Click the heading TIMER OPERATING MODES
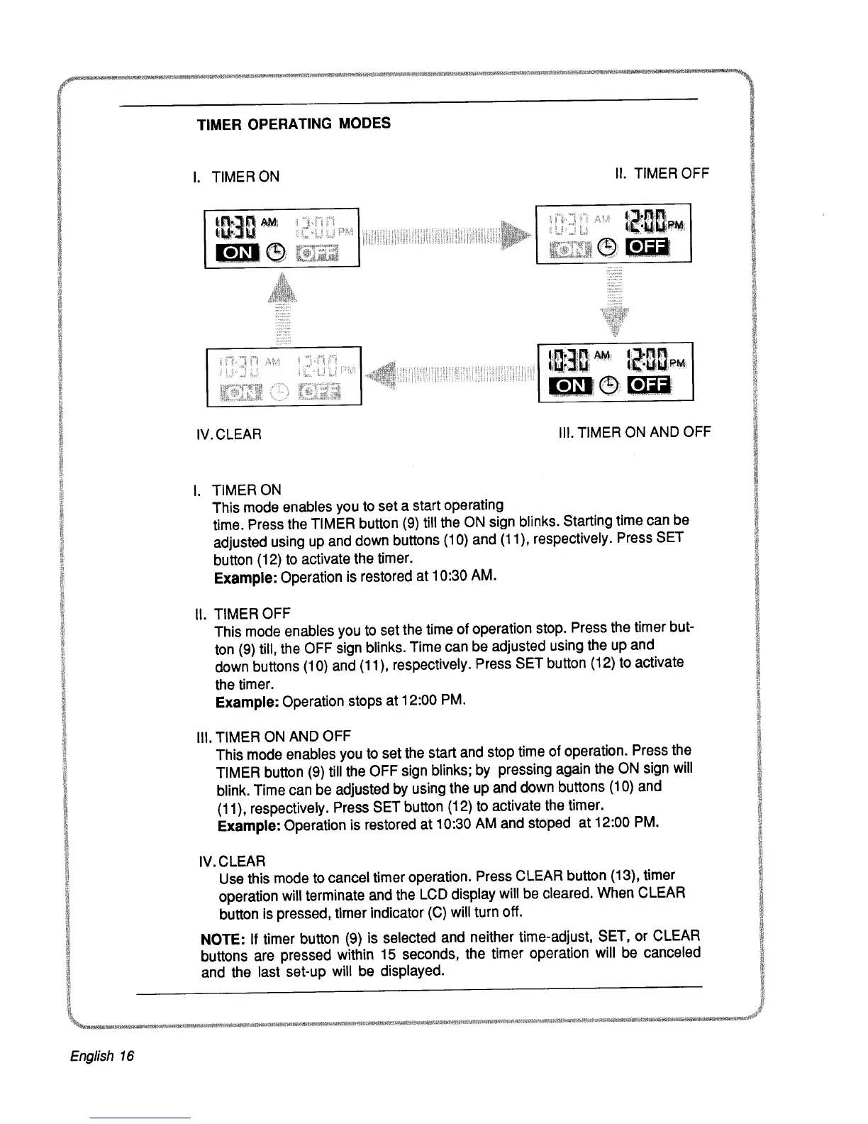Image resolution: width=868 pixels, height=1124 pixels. click(x=294, y=124)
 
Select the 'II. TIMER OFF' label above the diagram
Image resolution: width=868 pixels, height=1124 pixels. click(x=662, y=173)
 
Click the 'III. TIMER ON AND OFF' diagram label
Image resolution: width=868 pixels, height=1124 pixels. click(x=634, y=432)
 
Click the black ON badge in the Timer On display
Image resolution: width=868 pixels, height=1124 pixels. click(x=233, y=253)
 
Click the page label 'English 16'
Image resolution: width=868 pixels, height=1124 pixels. click(x=102, y=1056)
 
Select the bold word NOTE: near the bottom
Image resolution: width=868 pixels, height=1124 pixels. click(x=223, y=940)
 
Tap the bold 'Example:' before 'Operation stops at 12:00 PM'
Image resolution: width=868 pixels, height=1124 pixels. click(x=247, y=702)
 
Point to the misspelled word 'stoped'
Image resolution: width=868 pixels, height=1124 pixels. click(x=549, y=823)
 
